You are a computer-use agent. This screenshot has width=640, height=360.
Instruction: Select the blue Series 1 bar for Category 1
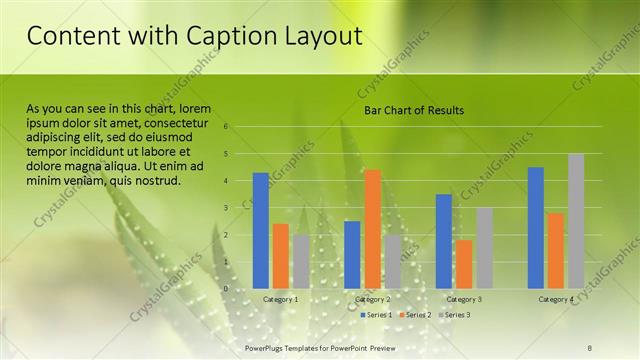pyautogui.click(x=261, y=230)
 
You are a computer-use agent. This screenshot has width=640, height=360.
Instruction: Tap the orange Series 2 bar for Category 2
pyautogui.click(x=372, y=229)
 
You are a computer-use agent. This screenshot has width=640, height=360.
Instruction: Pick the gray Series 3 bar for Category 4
pyautogui.click(x=576, y=221)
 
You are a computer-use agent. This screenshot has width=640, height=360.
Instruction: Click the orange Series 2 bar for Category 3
pyautogui.click(x=464, y=264)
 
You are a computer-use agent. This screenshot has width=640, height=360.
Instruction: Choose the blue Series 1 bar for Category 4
pyautogui.click(x=536, y=227)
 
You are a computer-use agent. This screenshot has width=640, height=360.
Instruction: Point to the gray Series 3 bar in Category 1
pyautogui.click(x=301, y=261)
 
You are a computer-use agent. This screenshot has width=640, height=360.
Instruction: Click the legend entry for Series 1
pyautogui.click(x=378, y=315)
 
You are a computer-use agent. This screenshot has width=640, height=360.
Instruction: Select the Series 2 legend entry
pyautogui.click(x=416, y=315)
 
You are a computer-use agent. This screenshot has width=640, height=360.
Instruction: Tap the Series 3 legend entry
pyautogui.click(x=455, y=315)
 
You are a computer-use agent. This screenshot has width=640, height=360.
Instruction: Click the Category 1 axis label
pyautogui.click(x=280, y=299)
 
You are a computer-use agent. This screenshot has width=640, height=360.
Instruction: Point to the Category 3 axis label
pyautogui.click(x=464, y=299)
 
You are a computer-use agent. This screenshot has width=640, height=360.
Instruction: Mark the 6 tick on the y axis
pyautogui.click(x=227, y=127)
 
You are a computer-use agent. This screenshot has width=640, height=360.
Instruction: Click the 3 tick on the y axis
pyautogui.click(x=227, y=208)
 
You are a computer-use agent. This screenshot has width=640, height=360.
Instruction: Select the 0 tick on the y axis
pyautogui.click(x=227, y=289)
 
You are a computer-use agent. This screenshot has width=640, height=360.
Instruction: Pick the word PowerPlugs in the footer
pyautogui.click(x=267, y=345)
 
